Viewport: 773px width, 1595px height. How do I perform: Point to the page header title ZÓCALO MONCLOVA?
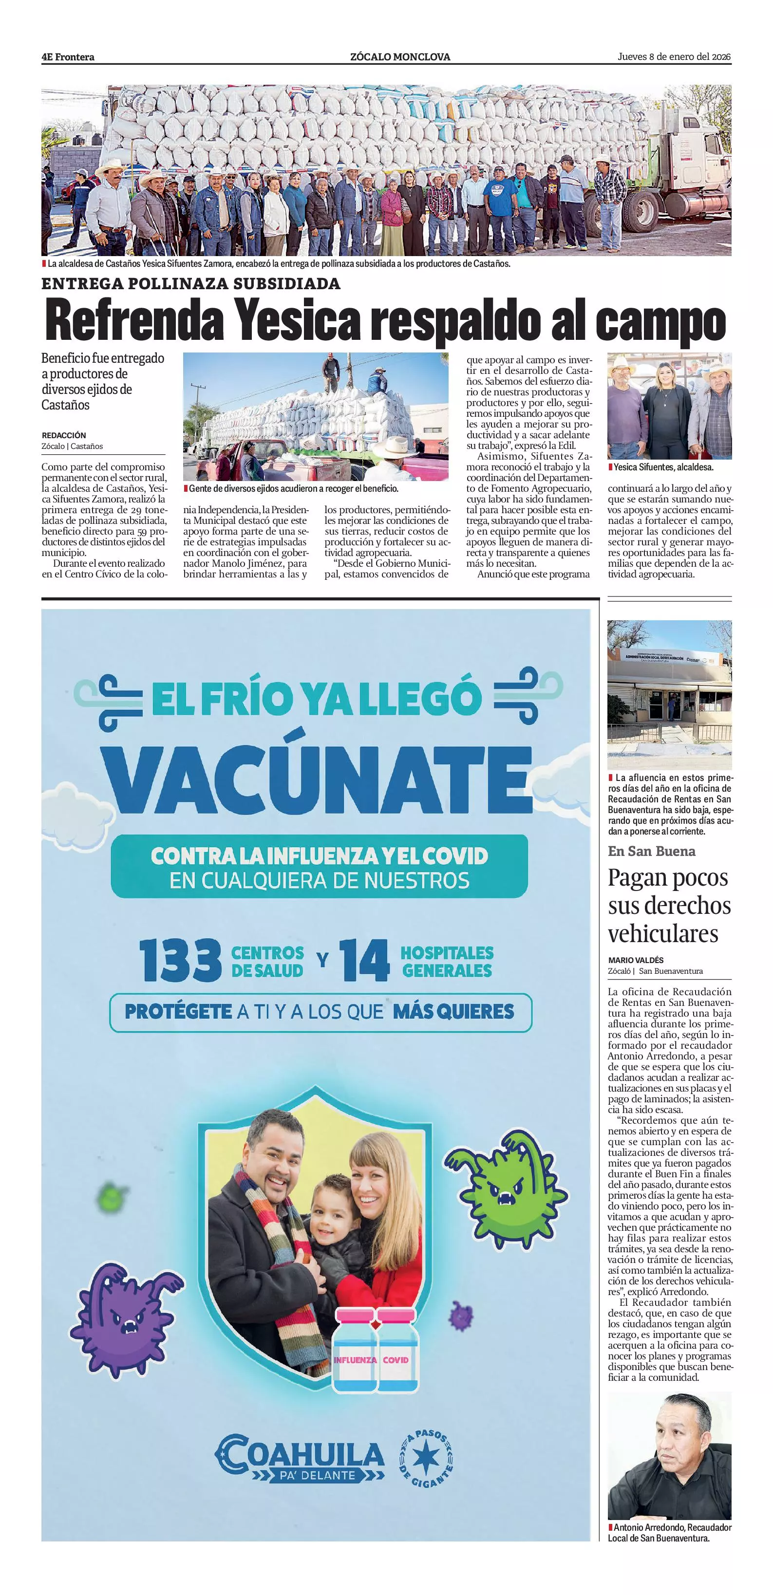click(400, 57)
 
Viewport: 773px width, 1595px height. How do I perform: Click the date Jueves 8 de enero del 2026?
click(674, 57)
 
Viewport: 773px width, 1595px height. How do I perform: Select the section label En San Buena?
click(652, 852)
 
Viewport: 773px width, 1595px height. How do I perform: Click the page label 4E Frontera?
click(68, 57)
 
